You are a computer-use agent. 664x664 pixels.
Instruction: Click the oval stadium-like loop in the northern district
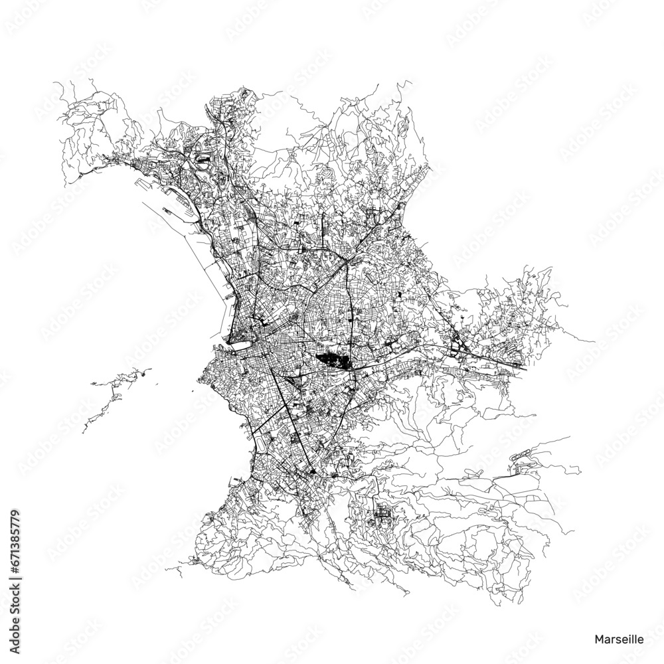tap(204, 160)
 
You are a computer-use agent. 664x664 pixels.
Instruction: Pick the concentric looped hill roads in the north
tap(327, 174)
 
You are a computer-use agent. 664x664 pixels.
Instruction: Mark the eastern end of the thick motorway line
tap(525, 367)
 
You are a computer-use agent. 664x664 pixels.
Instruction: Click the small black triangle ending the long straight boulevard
tap(313, 472)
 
